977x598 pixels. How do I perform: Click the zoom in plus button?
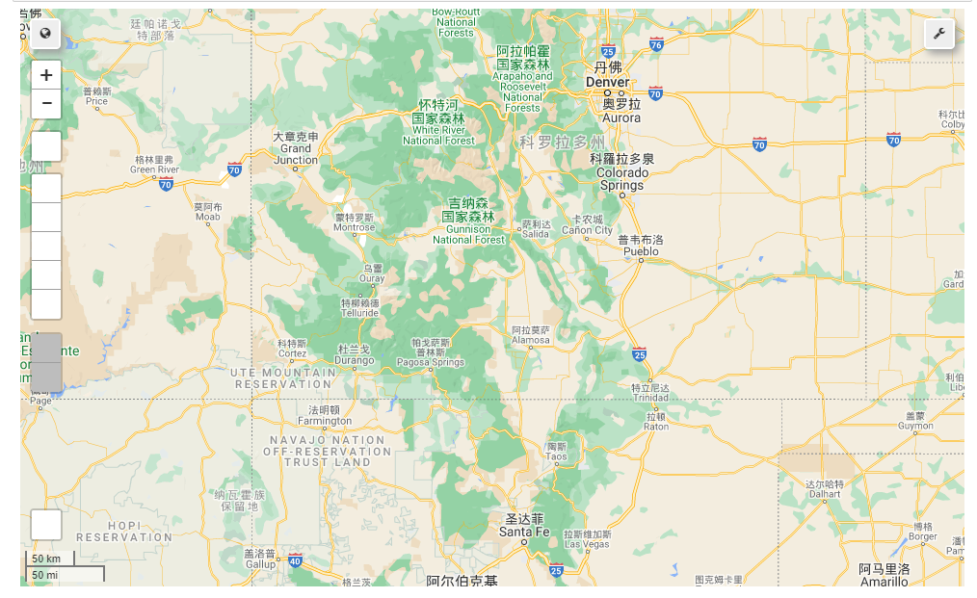[46, 75]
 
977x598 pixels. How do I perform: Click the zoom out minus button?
[46, 103]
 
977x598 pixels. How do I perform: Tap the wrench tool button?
[939, 34]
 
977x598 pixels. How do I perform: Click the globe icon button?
[45, 34]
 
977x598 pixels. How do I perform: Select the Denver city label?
[607, 82]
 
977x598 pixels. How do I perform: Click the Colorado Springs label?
[621, 178]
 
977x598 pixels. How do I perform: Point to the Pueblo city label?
[641, 251]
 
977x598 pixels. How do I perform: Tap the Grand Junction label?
[296, 154]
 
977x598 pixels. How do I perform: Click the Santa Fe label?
[524, 532]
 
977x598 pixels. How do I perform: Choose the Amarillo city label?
[884, 581]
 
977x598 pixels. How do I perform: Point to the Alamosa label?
[531, 340]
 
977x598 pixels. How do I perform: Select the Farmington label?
[325, 421]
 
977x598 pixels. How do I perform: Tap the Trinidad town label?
[649, 397]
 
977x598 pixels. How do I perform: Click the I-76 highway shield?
[656, 44]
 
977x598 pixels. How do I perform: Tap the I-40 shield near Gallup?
[295, 560]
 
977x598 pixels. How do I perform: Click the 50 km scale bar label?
[46, 559]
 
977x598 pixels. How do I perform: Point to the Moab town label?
[207, 217]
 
